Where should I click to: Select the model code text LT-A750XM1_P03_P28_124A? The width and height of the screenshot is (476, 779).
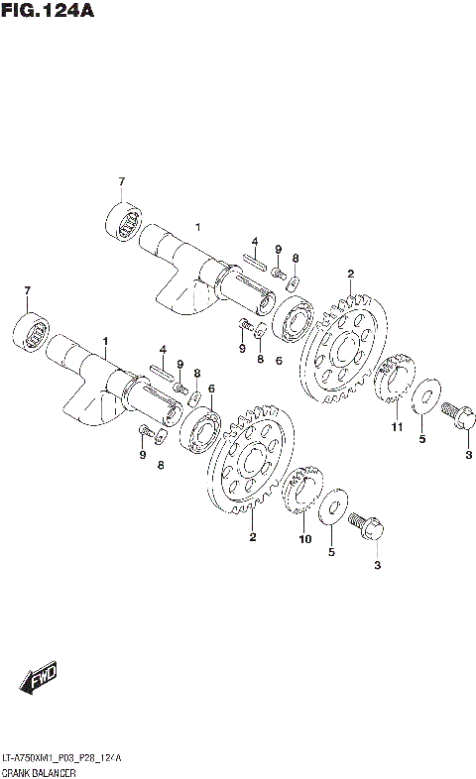point(61,756)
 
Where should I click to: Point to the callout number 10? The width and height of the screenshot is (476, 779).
point(305,539)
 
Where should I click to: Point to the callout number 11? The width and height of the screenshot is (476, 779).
point(396,427)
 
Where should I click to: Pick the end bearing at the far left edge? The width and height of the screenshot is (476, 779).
point(32,329)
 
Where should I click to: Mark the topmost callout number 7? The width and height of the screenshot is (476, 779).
point(122,181)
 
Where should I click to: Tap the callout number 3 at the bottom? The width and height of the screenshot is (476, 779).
point(376,565)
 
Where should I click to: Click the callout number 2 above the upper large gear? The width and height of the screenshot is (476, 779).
point(349,274)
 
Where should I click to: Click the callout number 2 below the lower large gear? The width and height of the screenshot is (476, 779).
point(253,537)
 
